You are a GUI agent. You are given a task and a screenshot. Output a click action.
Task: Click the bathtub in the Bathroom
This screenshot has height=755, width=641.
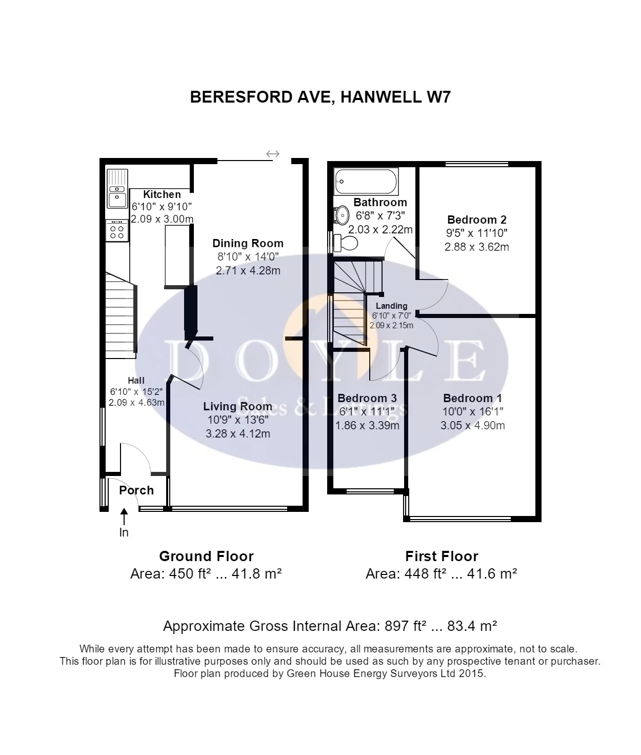[x=366, y=181]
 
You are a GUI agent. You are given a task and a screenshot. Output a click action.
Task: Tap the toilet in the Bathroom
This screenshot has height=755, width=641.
[x=346, y=243]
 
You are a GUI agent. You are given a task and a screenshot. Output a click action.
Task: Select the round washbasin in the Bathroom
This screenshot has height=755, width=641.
[x=341, y=216]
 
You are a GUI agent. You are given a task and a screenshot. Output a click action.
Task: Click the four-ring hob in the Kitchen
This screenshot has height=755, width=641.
[x=117, y=231]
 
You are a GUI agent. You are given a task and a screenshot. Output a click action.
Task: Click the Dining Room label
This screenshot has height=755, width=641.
[x=248, y=243]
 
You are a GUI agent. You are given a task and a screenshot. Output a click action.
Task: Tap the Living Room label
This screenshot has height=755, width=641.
[x=237, y=406]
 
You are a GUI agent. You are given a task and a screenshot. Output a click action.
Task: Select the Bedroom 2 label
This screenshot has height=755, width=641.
[x=476, y=220]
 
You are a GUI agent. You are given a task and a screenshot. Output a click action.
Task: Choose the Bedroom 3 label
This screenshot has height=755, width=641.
[x=367, y=398]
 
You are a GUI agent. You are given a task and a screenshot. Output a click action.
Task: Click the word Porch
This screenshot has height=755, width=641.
[x=136, y=490]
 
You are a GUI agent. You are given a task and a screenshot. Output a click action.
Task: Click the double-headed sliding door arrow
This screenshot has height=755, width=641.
[x=273, y=154]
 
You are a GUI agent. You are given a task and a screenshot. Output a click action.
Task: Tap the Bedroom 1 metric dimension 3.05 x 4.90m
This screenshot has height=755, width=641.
[x=473, y=425]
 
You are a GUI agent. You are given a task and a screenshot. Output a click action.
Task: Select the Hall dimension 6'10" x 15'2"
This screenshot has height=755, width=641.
[x=136, y=391]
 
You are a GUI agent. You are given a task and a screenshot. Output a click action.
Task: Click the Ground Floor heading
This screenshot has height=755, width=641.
[x=206, y=557]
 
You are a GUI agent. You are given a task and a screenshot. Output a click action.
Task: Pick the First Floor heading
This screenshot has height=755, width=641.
[x=442, y=557]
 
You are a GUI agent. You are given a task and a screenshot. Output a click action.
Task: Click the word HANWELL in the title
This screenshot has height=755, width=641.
[x=380, y=97]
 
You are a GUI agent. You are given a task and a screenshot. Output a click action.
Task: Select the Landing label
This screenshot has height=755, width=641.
[x=392, y=306]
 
